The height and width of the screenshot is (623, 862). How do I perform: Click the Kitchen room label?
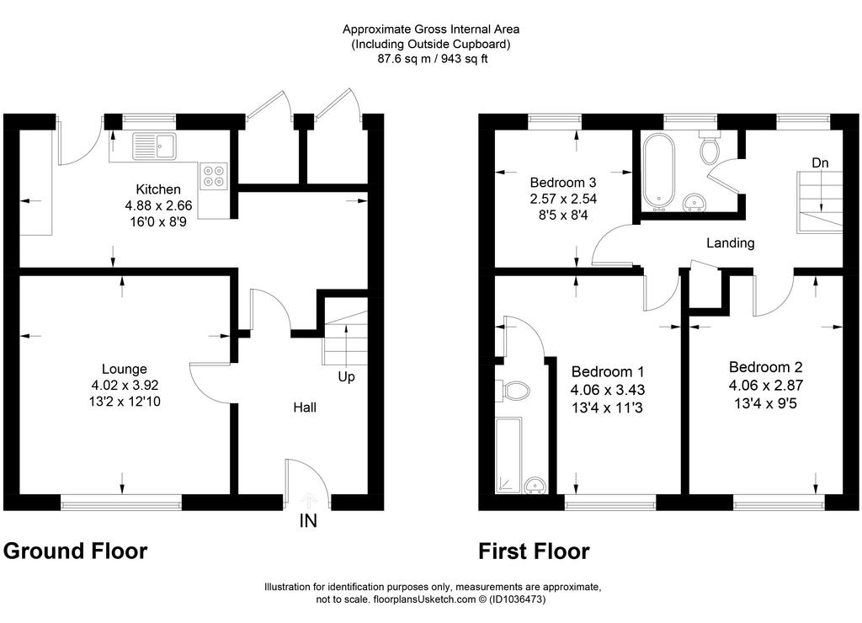click(x=157, y=189)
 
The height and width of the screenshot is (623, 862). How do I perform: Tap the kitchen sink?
click(x=154, y=146)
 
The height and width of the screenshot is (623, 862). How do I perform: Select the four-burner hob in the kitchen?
click(x=215, y=175)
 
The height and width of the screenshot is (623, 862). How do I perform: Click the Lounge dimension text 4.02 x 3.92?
click(x=125, y=386)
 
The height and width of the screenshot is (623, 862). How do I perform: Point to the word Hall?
click(x=305, y=407)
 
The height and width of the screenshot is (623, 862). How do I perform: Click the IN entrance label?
click(x=308, y=521)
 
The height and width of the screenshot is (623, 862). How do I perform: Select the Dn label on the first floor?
click(x=820, y=163)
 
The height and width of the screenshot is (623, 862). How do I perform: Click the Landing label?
click(x=730, y=243)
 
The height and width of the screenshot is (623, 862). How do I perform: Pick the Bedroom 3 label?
click(x=563, y=182)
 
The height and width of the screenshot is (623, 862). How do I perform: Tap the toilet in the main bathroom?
click(x=708, y=146)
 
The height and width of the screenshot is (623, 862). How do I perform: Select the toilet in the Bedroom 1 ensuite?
click(x=513, y=391)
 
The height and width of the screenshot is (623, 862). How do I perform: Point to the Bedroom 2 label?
click(x=766, y=367)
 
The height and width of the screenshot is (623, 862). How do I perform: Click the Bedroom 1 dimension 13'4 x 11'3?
click(x=607, y=407)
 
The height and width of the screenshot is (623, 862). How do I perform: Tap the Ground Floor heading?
click(x=75, y=551)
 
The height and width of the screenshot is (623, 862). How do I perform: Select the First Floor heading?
click(x=534, y=551)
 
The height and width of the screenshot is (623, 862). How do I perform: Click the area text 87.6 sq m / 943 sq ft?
click(x=432, y=59)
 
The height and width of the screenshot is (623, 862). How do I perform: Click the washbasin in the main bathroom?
click(x=694, y=203)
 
